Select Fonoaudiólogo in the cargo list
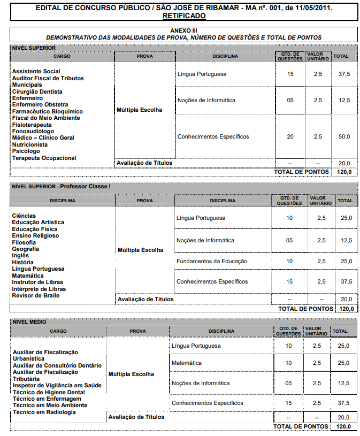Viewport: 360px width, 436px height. click(x=33, y=131)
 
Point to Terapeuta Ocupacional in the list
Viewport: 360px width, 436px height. click(x=44, y=158)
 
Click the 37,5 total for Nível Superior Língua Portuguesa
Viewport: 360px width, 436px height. click(x=344, y=74)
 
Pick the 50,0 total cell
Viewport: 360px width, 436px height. click(x=344, y=136)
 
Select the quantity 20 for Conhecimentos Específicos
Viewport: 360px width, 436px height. click(x=290, y=136)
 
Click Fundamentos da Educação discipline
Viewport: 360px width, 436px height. click(x=212, y=261)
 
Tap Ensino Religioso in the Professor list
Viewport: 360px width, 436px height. click(x=35, y=235)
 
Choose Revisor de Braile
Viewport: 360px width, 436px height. click(x=36, y=295)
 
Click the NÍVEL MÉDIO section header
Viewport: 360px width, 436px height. click(x=29, y=322)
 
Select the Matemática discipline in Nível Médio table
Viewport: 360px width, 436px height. click(x=187, y=363)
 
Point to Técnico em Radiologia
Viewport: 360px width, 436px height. click(x=44, y=412)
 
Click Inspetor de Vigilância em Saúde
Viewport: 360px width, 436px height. click(x=57, y=385)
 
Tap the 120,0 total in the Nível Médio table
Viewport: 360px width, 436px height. click(x=344, y=426)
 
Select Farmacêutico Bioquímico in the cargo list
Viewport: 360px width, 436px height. click(x=48, y=111)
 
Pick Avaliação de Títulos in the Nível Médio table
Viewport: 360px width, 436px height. click(x=136, y=417)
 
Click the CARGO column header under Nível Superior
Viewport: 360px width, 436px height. click(x=62, y=56)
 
